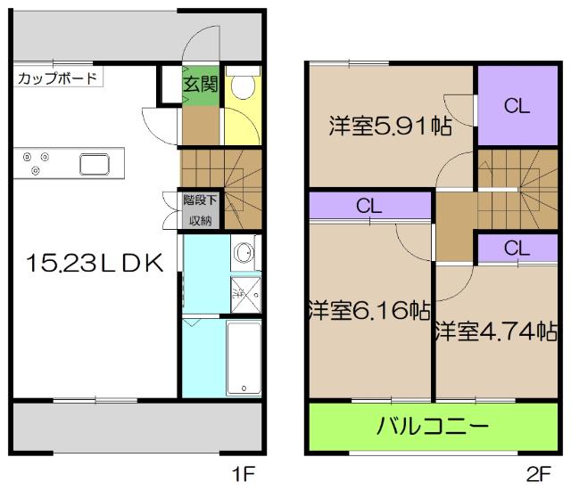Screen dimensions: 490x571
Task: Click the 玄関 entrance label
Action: [201, 86]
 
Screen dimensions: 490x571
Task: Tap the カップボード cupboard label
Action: [57, 78]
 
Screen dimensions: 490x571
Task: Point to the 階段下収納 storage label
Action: [200, 209]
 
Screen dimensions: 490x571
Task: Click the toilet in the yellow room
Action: [242, 87]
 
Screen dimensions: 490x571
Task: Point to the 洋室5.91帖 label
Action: [389, 127]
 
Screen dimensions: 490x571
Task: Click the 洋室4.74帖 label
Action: [497, 331]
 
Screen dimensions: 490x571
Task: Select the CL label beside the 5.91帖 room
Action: [516, 105]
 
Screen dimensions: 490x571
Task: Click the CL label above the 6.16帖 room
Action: [369, 205]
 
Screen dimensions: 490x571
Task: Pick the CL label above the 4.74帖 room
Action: [516, 249]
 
